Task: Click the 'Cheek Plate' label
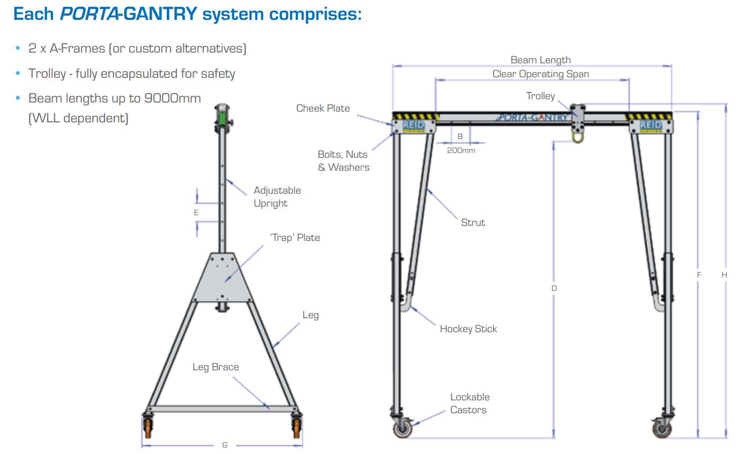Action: click(323, 108)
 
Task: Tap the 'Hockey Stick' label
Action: click(468, 329)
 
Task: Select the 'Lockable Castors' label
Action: click(469, 404)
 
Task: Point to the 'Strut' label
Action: click(472, 222)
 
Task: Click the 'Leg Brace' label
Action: click(216, 367)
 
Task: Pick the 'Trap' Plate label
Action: click(294, 237)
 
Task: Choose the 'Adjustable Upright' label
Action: click(277, 197)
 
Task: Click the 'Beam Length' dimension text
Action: click(540, 60)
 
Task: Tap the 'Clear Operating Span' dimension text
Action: click(540, 74)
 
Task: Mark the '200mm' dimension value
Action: click(461, 151)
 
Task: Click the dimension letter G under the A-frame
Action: click(225, 445)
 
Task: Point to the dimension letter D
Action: click(554, 288)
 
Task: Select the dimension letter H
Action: click(724, 275)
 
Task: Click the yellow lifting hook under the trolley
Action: click(577, 137)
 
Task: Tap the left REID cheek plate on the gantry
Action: click(413, 126)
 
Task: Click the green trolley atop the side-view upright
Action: click(221, 115)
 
